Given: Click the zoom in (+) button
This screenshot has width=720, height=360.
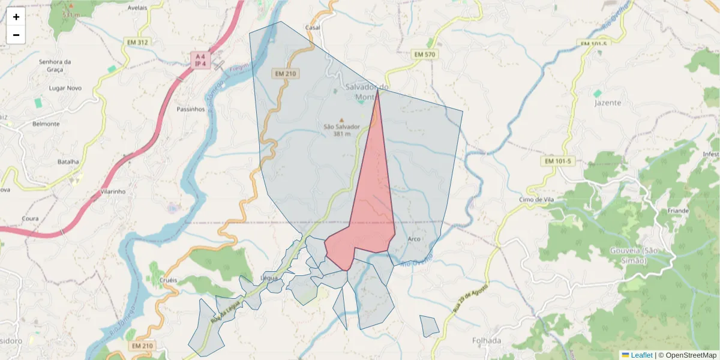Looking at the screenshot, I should pos(16,17).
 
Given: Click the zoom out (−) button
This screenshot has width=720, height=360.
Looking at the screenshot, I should pos(16,35).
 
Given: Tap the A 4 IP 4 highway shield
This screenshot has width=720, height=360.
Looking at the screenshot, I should pos(200,60).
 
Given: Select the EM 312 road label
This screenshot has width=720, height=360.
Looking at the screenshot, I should pos(137,43).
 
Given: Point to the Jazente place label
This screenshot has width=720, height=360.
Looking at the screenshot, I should pos(607,103).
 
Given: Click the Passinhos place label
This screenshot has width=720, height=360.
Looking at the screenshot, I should pos(191,109).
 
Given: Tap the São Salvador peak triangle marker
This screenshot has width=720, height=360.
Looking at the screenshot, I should pos(342,120).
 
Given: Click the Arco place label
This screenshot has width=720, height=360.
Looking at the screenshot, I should pos(414,239).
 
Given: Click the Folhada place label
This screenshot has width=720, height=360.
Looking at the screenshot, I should pos(486,341).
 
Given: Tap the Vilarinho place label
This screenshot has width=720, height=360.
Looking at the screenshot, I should pos(113,192).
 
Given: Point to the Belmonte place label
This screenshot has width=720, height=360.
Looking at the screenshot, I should pos(46,124).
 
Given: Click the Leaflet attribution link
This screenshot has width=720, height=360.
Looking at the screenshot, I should pos(641,355).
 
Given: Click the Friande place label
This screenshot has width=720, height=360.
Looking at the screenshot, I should pos(678,211).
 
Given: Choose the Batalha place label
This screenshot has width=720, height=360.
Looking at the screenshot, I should pos(68,161).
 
